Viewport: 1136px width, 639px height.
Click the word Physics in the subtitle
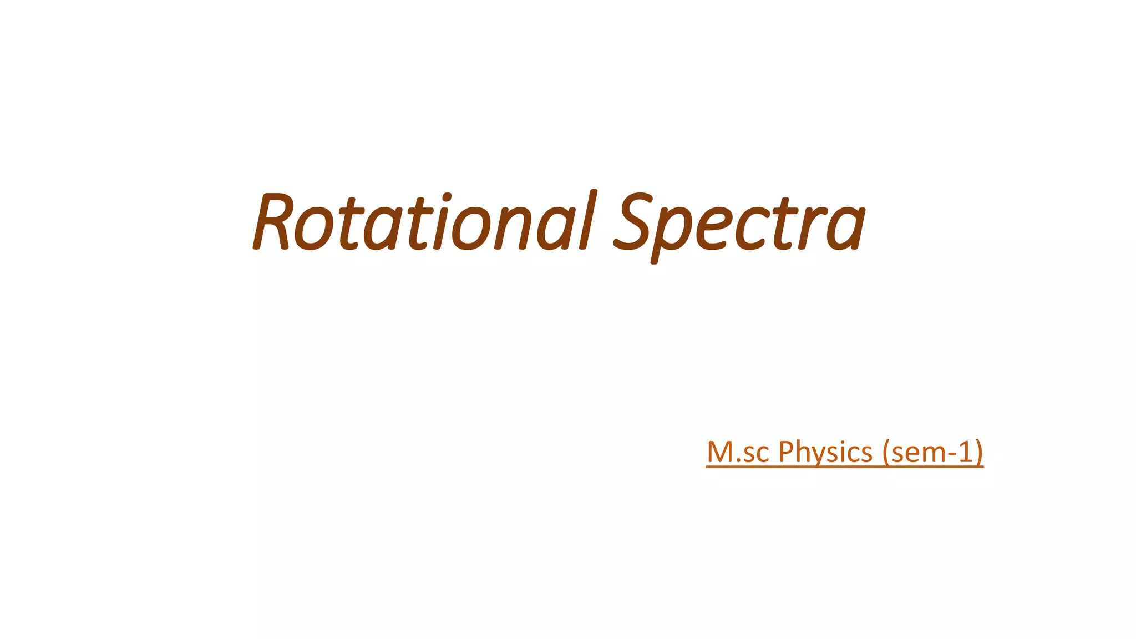click(825, 452)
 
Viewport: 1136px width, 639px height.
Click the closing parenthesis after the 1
click(979, 453)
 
